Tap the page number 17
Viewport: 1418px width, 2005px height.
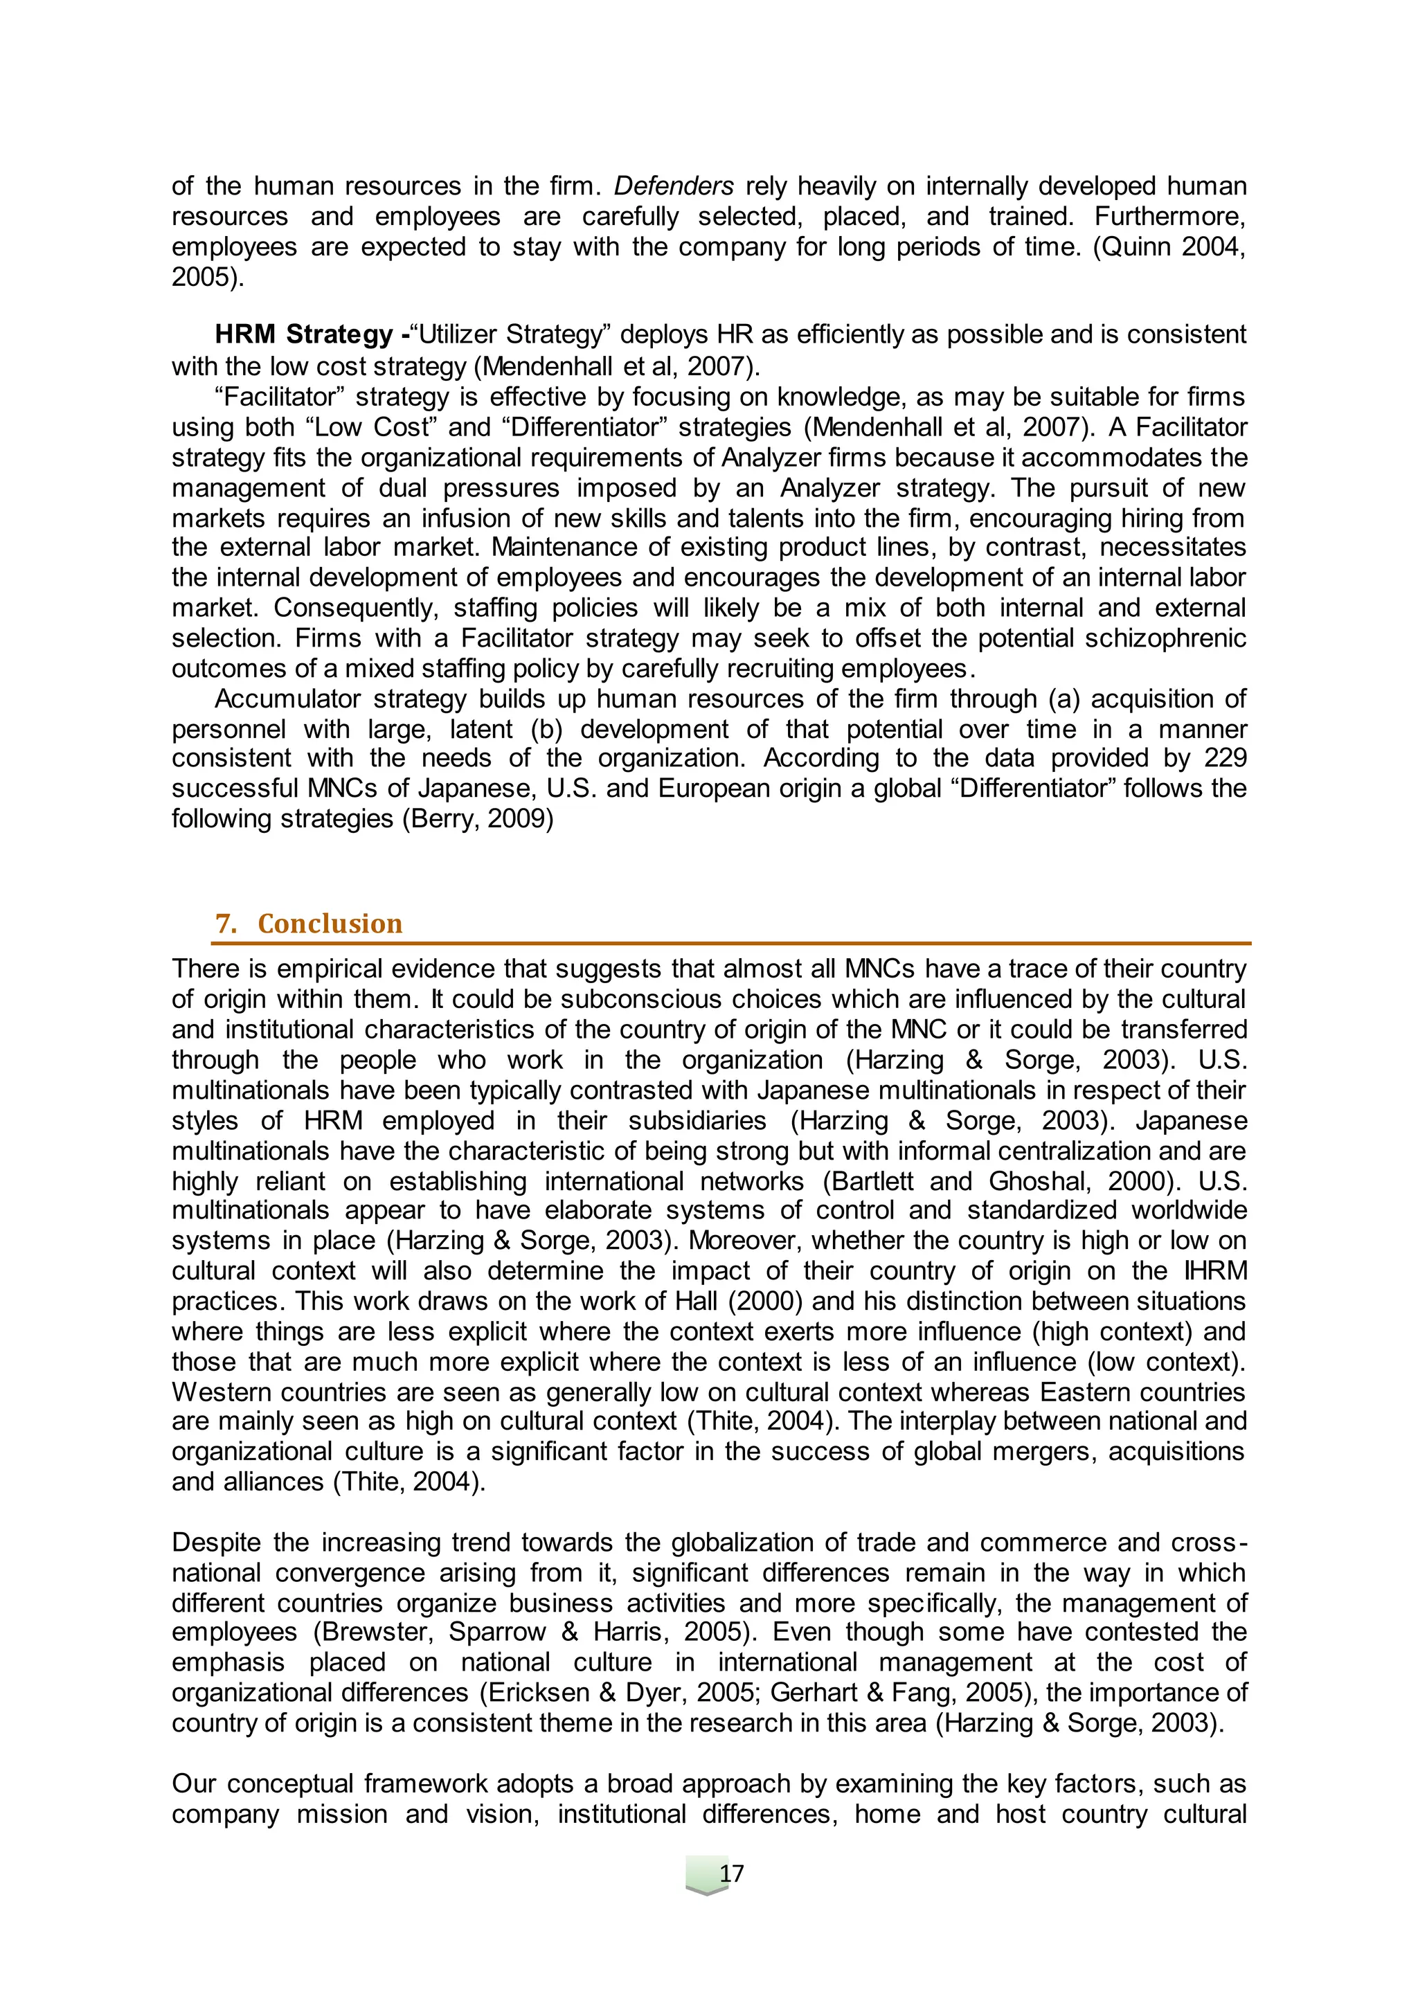pyautogui.click(x=731, y=1873)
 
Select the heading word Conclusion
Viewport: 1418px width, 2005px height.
pyautogui.click(x=330, y=924)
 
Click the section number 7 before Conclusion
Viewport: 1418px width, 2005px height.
pyautogui.click(x=224, y=924)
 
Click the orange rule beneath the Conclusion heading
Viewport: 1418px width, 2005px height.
pyautogui.click(x=731, y=943)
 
